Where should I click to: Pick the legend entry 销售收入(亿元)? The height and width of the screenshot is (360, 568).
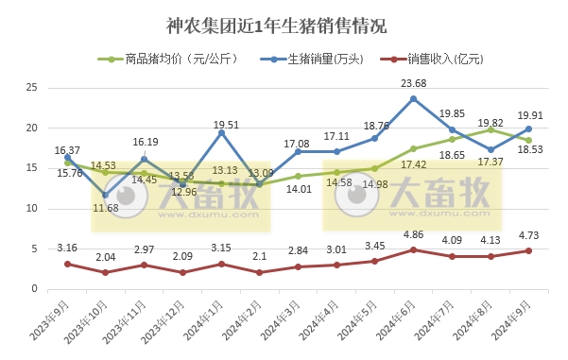[x=435, y=58]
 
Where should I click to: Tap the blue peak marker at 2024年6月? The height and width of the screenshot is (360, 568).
[x=413, y=98]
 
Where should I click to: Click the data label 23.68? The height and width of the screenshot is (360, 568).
[x=413, y=84]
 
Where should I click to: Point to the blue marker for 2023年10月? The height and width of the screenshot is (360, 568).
[x=105, y=195]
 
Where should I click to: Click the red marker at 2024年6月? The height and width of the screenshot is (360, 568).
[x=413, y=249]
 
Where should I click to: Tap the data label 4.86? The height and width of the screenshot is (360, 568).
[x=413, y=235]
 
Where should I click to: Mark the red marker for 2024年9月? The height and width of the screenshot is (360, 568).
[x=528, y=250]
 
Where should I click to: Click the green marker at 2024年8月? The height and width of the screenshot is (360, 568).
[x=490, y=129]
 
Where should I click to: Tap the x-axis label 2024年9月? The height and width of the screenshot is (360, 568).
[x=512, y=322]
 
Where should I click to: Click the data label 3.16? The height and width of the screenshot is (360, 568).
[x=67, y=249]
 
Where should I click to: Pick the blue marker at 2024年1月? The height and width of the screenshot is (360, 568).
[x=220, y=132]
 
